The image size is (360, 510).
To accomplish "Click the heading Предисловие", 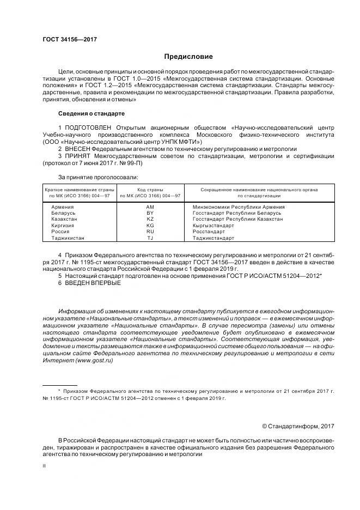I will pyautogui.click(x=189, y=57).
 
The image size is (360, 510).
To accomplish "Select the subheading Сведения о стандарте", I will pyautogui.click(x=91, y=113).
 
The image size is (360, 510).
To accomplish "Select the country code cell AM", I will pyautogui.click(x=150, y=207).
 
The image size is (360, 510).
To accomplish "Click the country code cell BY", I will pyautogui.click(x=150, y=213).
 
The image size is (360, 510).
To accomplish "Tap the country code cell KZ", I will pyautogui.click(x=150, y=219).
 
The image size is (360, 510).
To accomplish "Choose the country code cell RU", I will pyautogui.click(x=150, y=232).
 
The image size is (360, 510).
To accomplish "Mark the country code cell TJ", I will pyautogui.click(x=150, y=238).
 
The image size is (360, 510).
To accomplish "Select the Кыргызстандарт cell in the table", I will pyautogui.click(x=213, y=226).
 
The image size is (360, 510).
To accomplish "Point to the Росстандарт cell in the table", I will pyautogui.click(x=209, y=232).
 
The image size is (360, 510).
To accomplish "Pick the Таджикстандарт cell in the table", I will pyautogui.click(x=213, y=238).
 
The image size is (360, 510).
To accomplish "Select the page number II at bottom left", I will pyautogui.click(x=45, y=466).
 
